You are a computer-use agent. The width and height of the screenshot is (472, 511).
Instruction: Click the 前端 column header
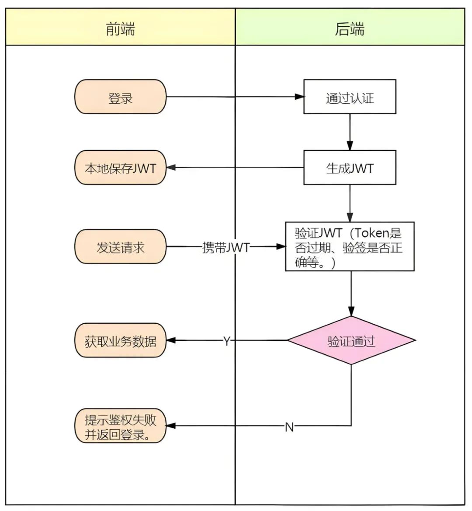(120, 29)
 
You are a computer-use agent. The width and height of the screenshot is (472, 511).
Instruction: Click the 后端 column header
(350, 29)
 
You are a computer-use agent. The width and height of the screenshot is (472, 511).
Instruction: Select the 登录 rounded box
(120, 97)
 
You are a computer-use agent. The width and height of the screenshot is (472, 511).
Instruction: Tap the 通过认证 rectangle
(350, 97)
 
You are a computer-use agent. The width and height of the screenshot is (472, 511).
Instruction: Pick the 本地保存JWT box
(120, 168)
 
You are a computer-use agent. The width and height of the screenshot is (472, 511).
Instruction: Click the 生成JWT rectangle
(350, 168)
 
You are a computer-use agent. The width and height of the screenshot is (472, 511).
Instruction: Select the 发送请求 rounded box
(120, 247)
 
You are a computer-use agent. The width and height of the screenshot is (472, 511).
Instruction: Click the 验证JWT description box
(350, 246)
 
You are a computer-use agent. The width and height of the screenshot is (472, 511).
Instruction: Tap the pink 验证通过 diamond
(351, 340)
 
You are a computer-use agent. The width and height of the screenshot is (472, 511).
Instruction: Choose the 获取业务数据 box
(120, 340)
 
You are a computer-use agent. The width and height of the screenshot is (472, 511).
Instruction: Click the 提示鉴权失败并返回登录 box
(120, 426)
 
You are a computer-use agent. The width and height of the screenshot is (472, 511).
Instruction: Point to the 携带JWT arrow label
(226, 247)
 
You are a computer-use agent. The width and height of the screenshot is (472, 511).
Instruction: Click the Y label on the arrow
(226, 341)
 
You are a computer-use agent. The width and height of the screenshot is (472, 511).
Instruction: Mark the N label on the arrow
(289, 427)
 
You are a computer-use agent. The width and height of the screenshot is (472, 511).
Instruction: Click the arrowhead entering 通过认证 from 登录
(299, 97)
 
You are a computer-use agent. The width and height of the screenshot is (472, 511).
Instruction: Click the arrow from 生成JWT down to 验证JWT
(350, 203)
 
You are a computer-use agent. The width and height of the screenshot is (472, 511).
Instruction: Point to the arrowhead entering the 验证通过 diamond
(351, 311)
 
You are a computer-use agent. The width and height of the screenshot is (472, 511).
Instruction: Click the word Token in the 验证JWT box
(372, 233)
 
